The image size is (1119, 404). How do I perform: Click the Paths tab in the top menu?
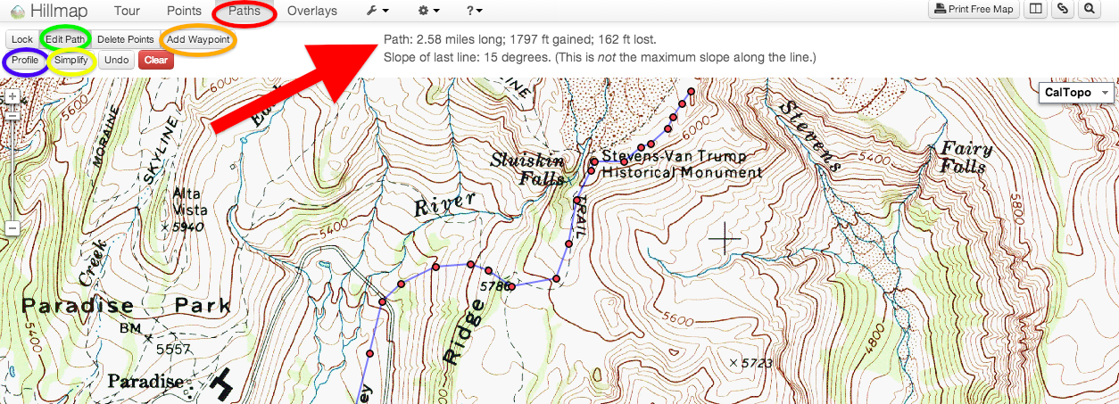point(244,12)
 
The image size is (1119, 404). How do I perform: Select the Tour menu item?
point(128,12)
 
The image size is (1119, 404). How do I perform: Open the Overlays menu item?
point(311,12)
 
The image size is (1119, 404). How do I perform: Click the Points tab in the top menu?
point(184,12)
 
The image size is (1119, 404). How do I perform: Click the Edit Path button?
point(65,39)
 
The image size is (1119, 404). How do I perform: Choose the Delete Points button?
point(125,39)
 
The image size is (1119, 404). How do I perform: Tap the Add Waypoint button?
point(198,39)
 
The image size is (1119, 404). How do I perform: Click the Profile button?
point(25,61)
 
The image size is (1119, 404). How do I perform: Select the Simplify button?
point(70,61)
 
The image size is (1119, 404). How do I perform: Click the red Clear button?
point(155,61)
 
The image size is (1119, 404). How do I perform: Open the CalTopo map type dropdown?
point(1077,93)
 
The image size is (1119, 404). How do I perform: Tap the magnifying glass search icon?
point(1090,10)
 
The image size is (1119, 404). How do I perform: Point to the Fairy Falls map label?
point(962,158)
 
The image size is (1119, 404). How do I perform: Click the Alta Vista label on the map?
point(188,202)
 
